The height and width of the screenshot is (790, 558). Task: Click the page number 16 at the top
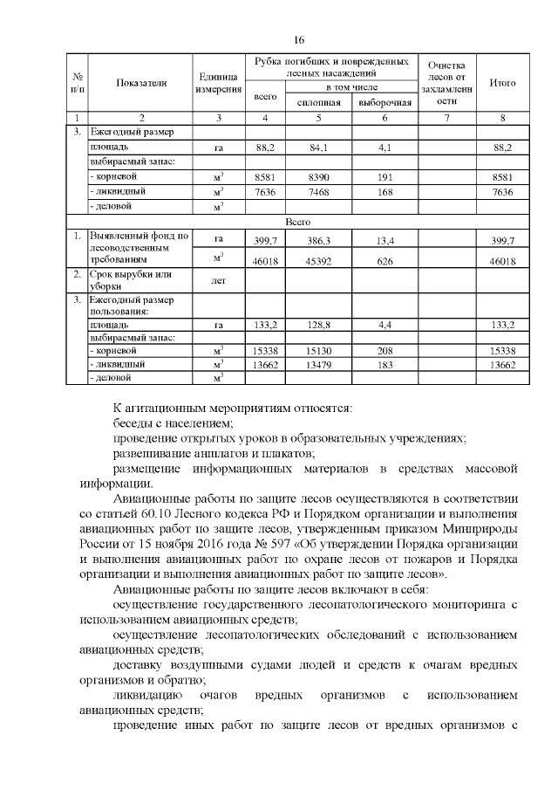tap(299, 40)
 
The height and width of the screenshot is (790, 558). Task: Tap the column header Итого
tap(502, 83)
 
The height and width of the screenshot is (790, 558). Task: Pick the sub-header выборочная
tap(384, 102)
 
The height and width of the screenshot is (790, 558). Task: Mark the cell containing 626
tap(384, 260)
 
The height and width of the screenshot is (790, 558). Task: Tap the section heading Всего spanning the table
tap(298, 223)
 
